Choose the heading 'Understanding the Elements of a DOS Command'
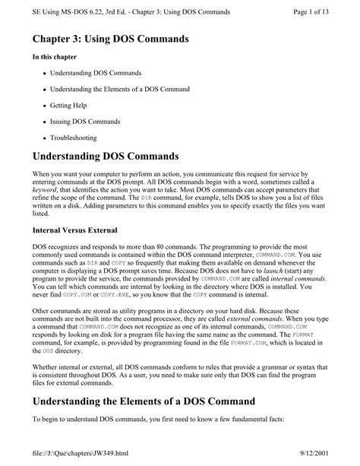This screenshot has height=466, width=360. click(x=150, y=401)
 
